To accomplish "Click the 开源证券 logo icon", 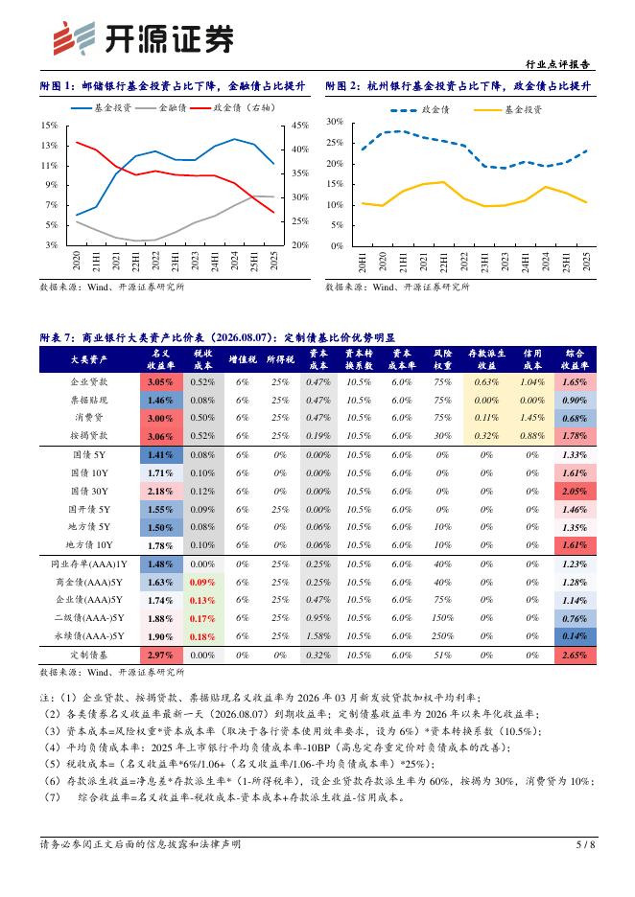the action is point(74,38).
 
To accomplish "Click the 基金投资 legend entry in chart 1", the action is point(102,107).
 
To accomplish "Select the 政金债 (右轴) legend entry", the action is point(233,107).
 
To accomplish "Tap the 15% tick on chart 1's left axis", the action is point(50,126).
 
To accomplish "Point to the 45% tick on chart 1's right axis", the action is point(300,126).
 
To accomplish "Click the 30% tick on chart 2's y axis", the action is point(335,122).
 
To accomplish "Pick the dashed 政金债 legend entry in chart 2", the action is point(420,110).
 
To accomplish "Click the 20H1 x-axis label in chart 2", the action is point(363,262).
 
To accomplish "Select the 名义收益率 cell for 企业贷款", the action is point(160,382).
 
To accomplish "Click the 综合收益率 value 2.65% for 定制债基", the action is point(575,655).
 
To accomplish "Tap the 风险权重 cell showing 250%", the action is point(442,636).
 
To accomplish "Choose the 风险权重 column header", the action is point(442,359).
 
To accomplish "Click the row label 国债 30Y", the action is point(89,492).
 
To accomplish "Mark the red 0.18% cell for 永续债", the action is point(202,636).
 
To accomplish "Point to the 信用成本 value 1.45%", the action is point(532,418).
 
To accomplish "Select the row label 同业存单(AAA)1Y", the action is point(89,564).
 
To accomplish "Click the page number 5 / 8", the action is point(585,843).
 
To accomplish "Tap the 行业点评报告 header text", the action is point(557,64).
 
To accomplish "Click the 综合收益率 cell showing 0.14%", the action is point(575,636).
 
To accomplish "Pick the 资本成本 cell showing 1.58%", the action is point(318,636).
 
